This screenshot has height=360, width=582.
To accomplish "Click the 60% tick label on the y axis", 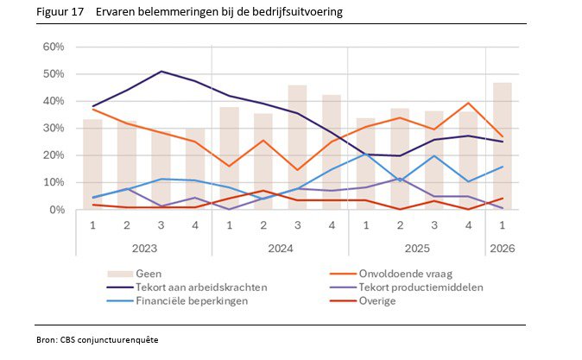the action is pyautogui.click(x=54, y=47).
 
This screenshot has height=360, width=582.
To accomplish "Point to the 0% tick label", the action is pyautogui.click(x=57, y=210).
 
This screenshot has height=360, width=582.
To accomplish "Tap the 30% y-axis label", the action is pyautogui.click(x=54, y=128).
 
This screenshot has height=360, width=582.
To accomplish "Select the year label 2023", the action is pyautogui.click(x=144, y=249).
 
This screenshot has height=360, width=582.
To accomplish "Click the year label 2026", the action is pyautogui.click(x=503, y=249).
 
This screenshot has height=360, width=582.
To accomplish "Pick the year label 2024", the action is pyautogui.click(x=281, y=249).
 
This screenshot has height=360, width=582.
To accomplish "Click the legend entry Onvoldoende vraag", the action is pyautogui.click(x=391, y=274).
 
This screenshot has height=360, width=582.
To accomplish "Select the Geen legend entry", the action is pyautogui.click(x=135, y=274).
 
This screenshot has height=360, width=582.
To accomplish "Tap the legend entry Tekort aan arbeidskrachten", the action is pyautogui.click(x=187, y=287).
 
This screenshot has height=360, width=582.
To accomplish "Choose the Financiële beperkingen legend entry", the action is pyautogui.click(x=177, y=300).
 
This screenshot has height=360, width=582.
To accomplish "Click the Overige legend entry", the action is pyautogui.click(x=363, y=300).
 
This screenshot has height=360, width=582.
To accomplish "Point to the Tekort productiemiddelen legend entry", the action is pyautogui.click(x=407, y=287).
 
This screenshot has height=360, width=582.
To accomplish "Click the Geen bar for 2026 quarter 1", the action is pyautogui.click(x=503, y=146).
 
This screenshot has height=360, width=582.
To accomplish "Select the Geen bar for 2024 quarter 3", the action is pyautogui.click(x=297, y=148).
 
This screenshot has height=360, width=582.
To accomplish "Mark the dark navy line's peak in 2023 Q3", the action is pyautogui.click(x=161, y=72).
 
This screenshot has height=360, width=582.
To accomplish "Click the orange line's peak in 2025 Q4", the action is pyautogui.click(x=468, y=103).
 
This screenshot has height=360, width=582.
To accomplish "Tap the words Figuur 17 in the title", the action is pyautogui.click(x=60, y=12).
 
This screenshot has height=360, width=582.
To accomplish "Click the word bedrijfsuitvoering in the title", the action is pyautogui.click(x=297, y=12).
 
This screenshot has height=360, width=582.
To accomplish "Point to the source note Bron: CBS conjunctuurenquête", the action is pyautogui.click(x=98, y=340).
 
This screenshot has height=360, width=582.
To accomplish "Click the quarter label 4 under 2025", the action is pyautogui.click(x=468, y=225).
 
